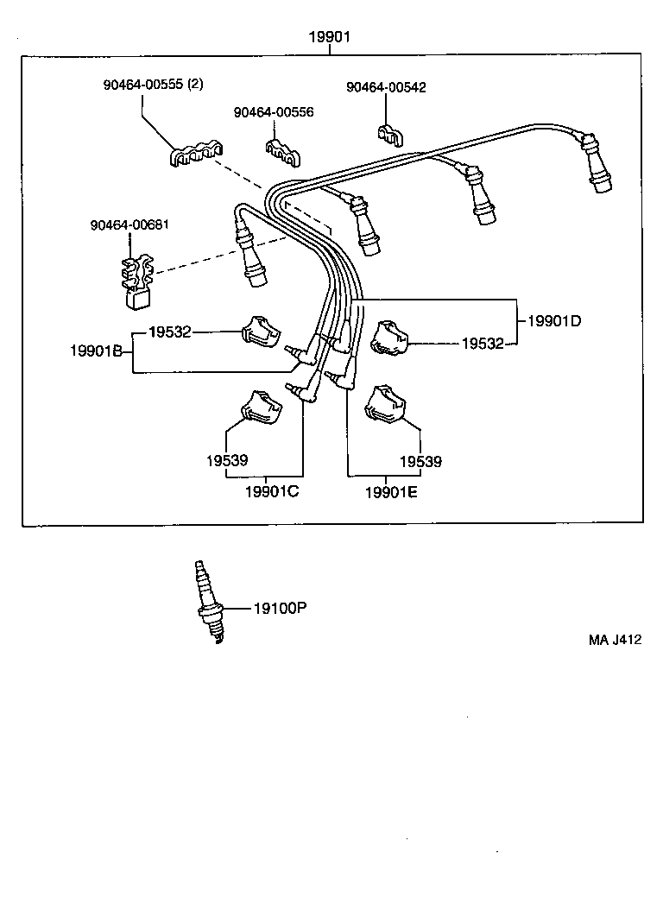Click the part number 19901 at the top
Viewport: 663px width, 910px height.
click(331, 37)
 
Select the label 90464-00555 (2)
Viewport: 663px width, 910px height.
click(153, 85)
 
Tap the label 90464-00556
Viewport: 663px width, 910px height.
click(273, 113)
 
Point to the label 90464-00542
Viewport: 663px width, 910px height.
click(386, 87)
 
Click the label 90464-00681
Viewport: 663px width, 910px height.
click(129, 225)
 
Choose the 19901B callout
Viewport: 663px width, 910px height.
click(101, 351)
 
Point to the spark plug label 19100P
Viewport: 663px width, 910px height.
click(280, 608)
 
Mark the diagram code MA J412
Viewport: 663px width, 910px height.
click(616, 640)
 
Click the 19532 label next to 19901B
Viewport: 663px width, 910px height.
click(169, 332)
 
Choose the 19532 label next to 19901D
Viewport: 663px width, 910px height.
click(483, 344)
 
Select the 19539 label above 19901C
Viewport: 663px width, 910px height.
click(227, 461)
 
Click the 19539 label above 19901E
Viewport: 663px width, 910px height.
click(420, 461)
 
